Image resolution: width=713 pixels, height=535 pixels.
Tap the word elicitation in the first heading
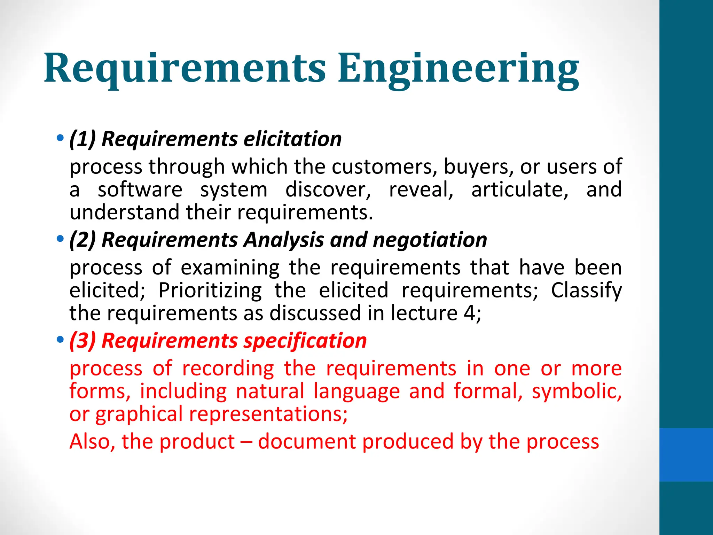coord(292,139)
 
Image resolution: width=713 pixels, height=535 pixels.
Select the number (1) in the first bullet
coord(83,139)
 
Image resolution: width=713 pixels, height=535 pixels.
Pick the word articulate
coord(519,190)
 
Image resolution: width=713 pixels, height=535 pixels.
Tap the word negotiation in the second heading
coord(430,240)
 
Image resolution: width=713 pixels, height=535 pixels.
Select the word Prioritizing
coord(210,290)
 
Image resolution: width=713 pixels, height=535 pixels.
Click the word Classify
coord(586,290)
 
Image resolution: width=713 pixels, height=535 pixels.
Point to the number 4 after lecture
coord(469,313)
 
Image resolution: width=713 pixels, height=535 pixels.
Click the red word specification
coord(305,341)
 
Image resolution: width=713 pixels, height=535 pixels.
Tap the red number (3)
coord(83,341)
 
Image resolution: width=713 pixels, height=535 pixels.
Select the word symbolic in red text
coord(576,391)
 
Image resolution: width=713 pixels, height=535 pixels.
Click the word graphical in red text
coord(139,414)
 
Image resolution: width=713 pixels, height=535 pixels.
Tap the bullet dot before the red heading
coord(60,339)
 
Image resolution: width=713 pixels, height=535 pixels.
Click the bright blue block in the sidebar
coord(686,455)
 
